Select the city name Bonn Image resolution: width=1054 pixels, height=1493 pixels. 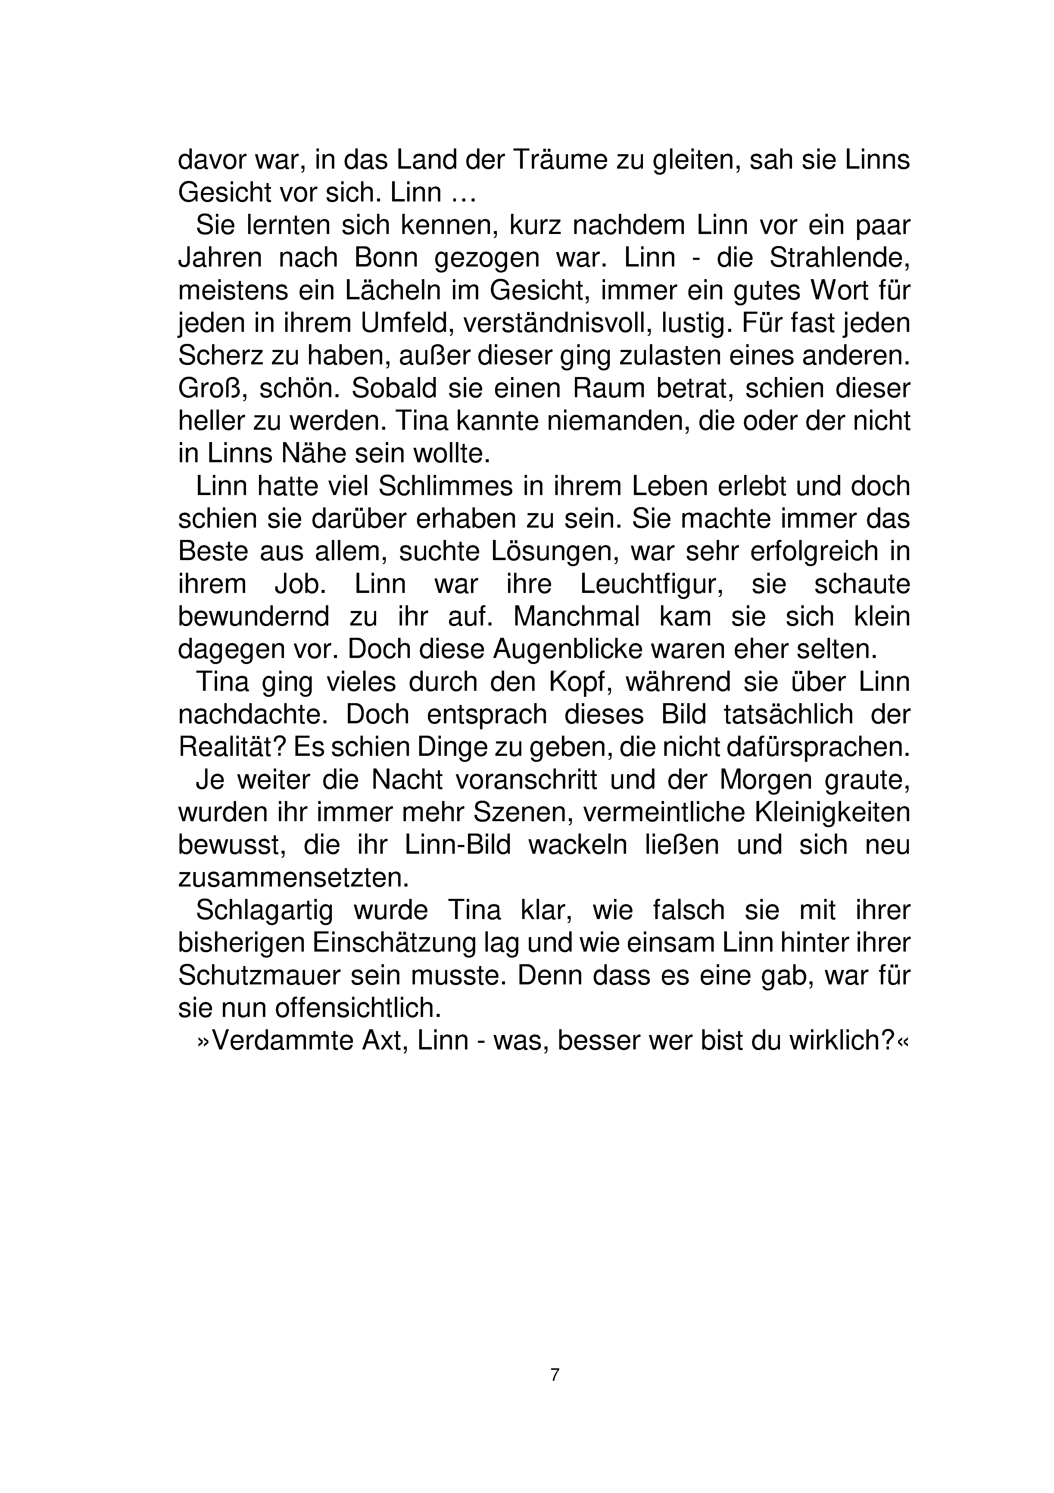click(x=385, y=258)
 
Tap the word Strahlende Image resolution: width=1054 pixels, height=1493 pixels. click(x=839, y=258)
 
